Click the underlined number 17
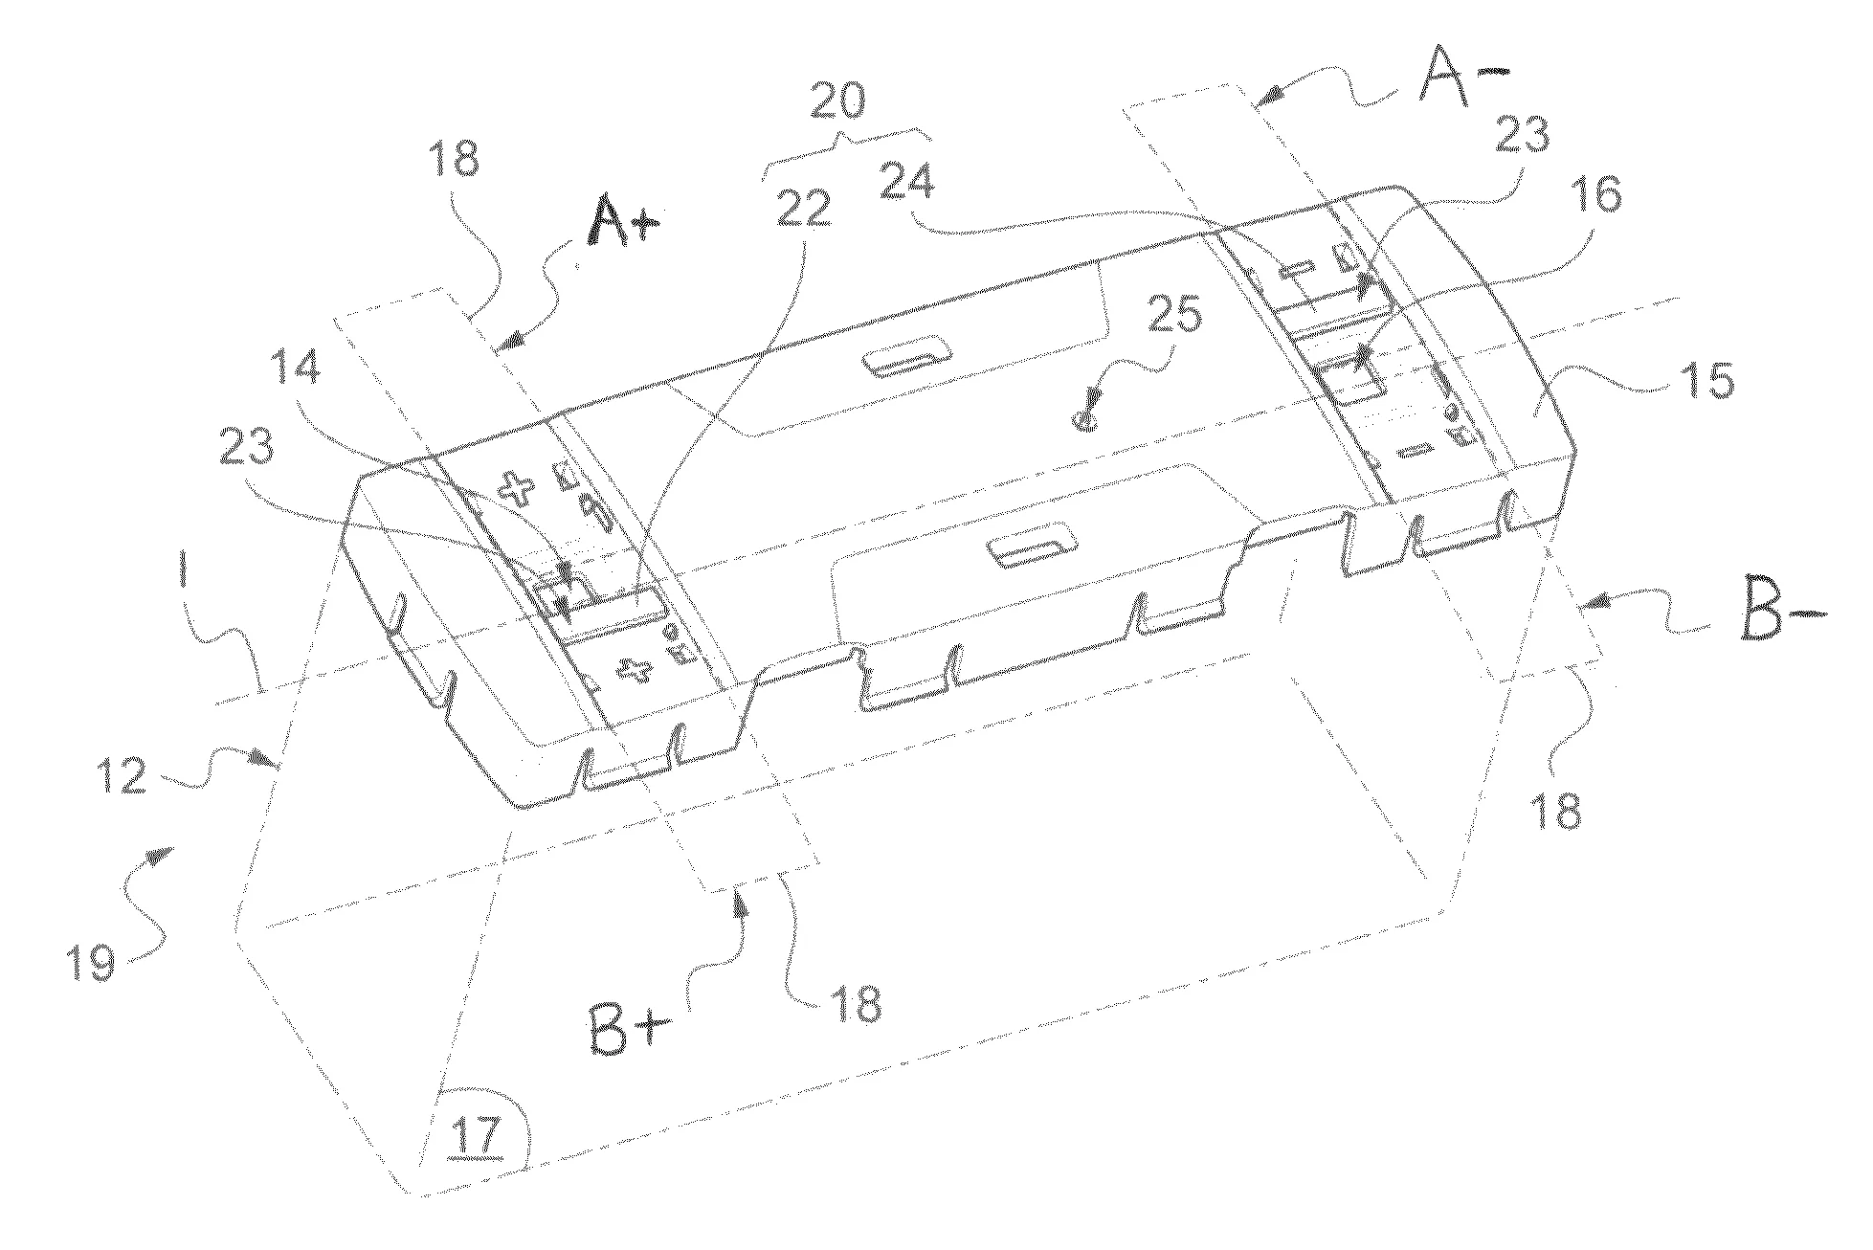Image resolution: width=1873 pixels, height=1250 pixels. click(479, 1137)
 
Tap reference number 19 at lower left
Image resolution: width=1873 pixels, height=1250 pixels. click(90, 961)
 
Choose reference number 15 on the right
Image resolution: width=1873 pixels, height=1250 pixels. click(1706, 382)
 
